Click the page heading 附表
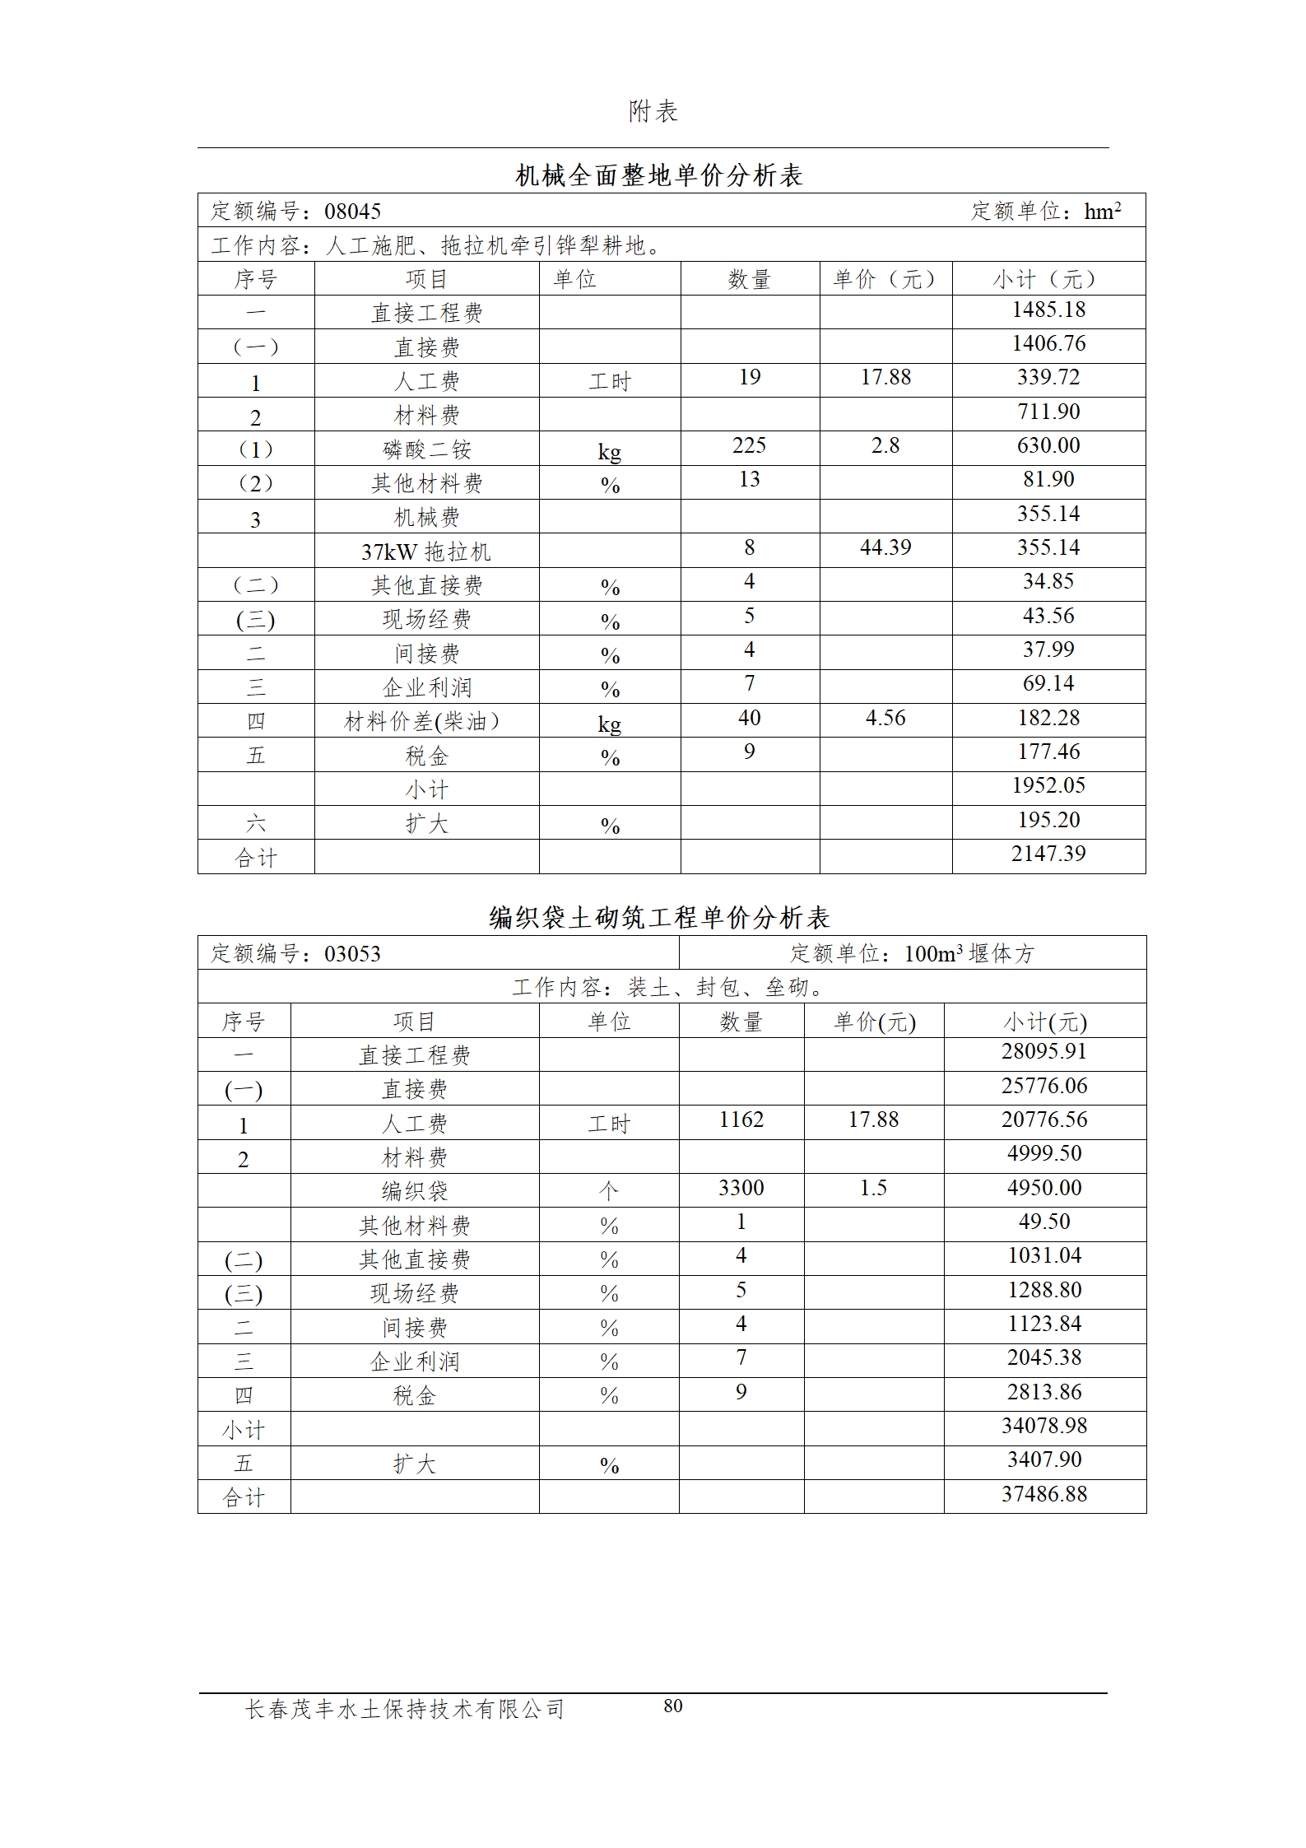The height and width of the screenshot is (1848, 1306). tap(653, 111)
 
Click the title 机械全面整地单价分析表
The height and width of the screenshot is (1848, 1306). tap(658, 175)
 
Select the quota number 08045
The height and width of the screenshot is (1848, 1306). tap(352, 212)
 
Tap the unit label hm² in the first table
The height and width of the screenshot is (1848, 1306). tap(1102, 212)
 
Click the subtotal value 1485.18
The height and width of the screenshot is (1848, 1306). tap(1048, 310)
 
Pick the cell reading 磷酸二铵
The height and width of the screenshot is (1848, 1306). tap(426, 449)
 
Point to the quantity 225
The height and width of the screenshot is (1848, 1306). tap(749, 445)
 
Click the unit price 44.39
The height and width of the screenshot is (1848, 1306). tap(885, 547)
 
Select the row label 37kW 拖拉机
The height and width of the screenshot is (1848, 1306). tap(426, 552)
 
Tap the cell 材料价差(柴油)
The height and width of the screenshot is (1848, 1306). tap(421, 722)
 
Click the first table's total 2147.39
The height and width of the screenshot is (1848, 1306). tap(1048, 854)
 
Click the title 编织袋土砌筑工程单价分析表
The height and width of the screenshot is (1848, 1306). tap(658, 917)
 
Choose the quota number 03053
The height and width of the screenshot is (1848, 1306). tap(352, 954)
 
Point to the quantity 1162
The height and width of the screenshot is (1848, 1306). tap(741, 1120)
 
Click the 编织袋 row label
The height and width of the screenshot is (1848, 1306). tap(414, 1190)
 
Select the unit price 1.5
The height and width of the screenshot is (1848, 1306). tap(873, 1188)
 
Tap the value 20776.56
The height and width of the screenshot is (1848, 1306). tap(1044, 1120)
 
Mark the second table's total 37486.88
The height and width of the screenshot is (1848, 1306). tap(1044, 1494)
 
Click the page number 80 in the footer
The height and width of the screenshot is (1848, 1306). tap(673, 1706)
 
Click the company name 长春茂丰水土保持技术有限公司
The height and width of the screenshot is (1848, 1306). tap(405, 1709)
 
